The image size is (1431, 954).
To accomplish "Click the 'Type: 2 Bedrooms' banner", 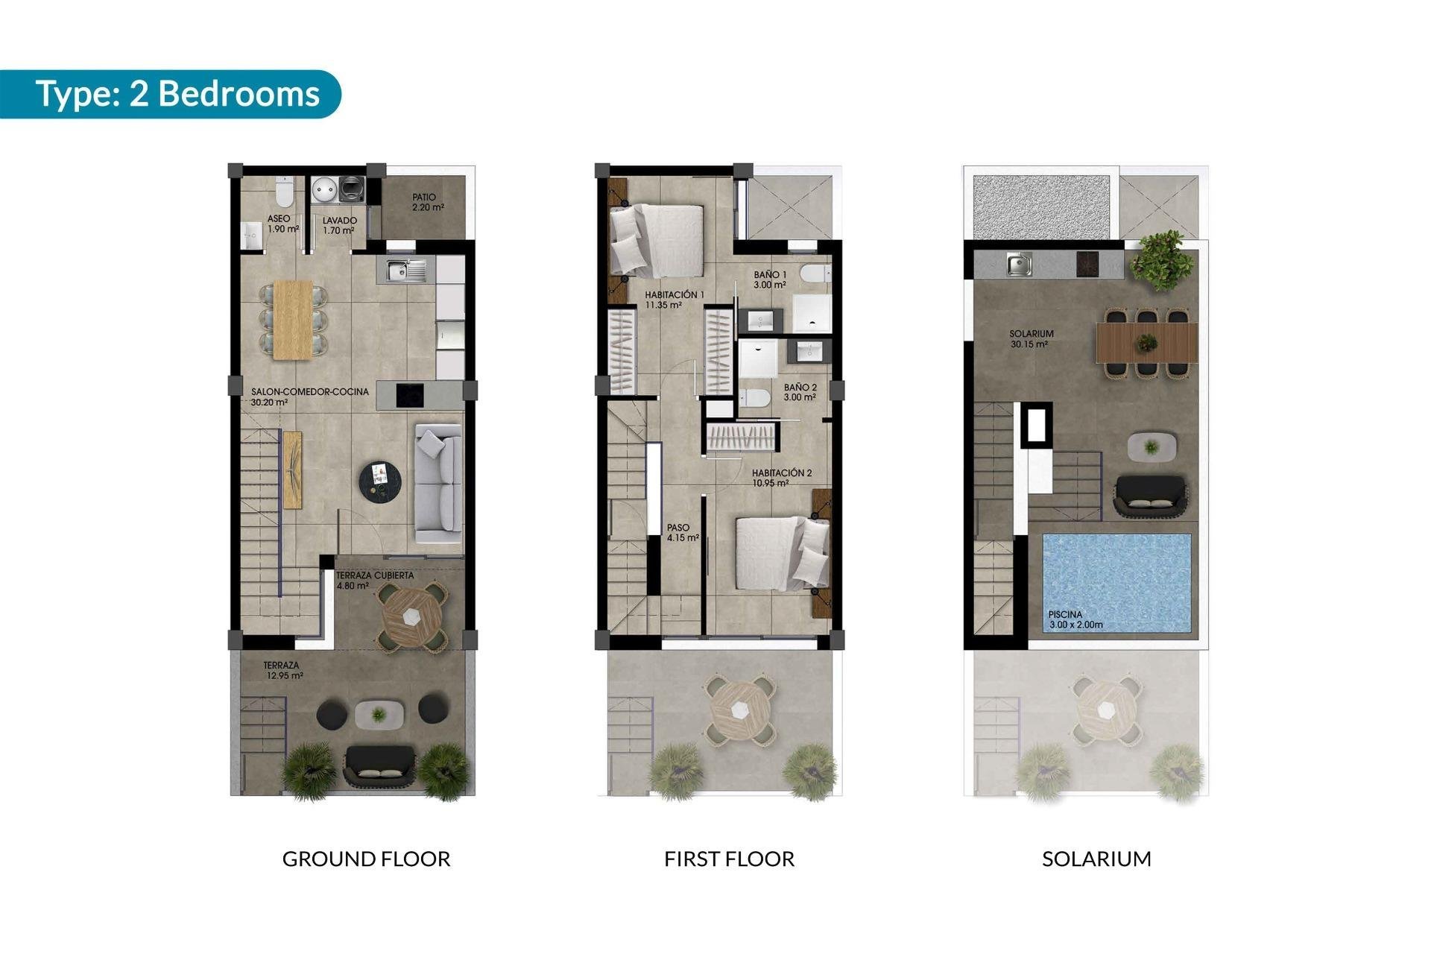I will tap(177, 95).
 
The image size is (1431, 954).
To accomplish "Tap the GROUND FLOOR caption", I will tap(366, 859).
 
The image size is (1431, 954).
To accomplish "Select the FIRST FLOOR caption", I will tap(729, 859).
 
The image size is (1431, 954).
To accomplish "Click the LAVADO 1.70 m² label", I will tap(339, 225).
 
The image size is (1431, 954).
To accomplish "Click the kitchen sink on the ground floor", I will tap(406, 270).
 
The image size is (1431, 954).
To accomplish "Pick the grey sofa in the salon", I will tap(438, 483).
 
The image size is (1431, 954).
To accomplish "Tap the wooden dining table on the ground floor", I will tap(293, 319).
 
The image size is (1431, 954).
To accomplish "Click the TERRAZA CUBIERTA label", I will tap(374, 580).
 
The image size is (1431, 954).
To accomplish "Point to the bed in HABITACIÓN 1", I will tap(657, 240).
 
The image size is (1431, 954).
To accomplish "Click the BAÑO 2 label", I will tap(800, 392).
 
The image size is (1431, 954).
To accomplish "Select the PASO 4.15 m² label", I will tap(682, 532).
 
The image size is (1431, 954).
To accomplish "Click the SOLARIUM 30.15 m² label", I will tap(1031, 339).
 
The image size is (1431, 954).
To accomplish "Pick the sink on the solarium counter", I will tap(1019, 264).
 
